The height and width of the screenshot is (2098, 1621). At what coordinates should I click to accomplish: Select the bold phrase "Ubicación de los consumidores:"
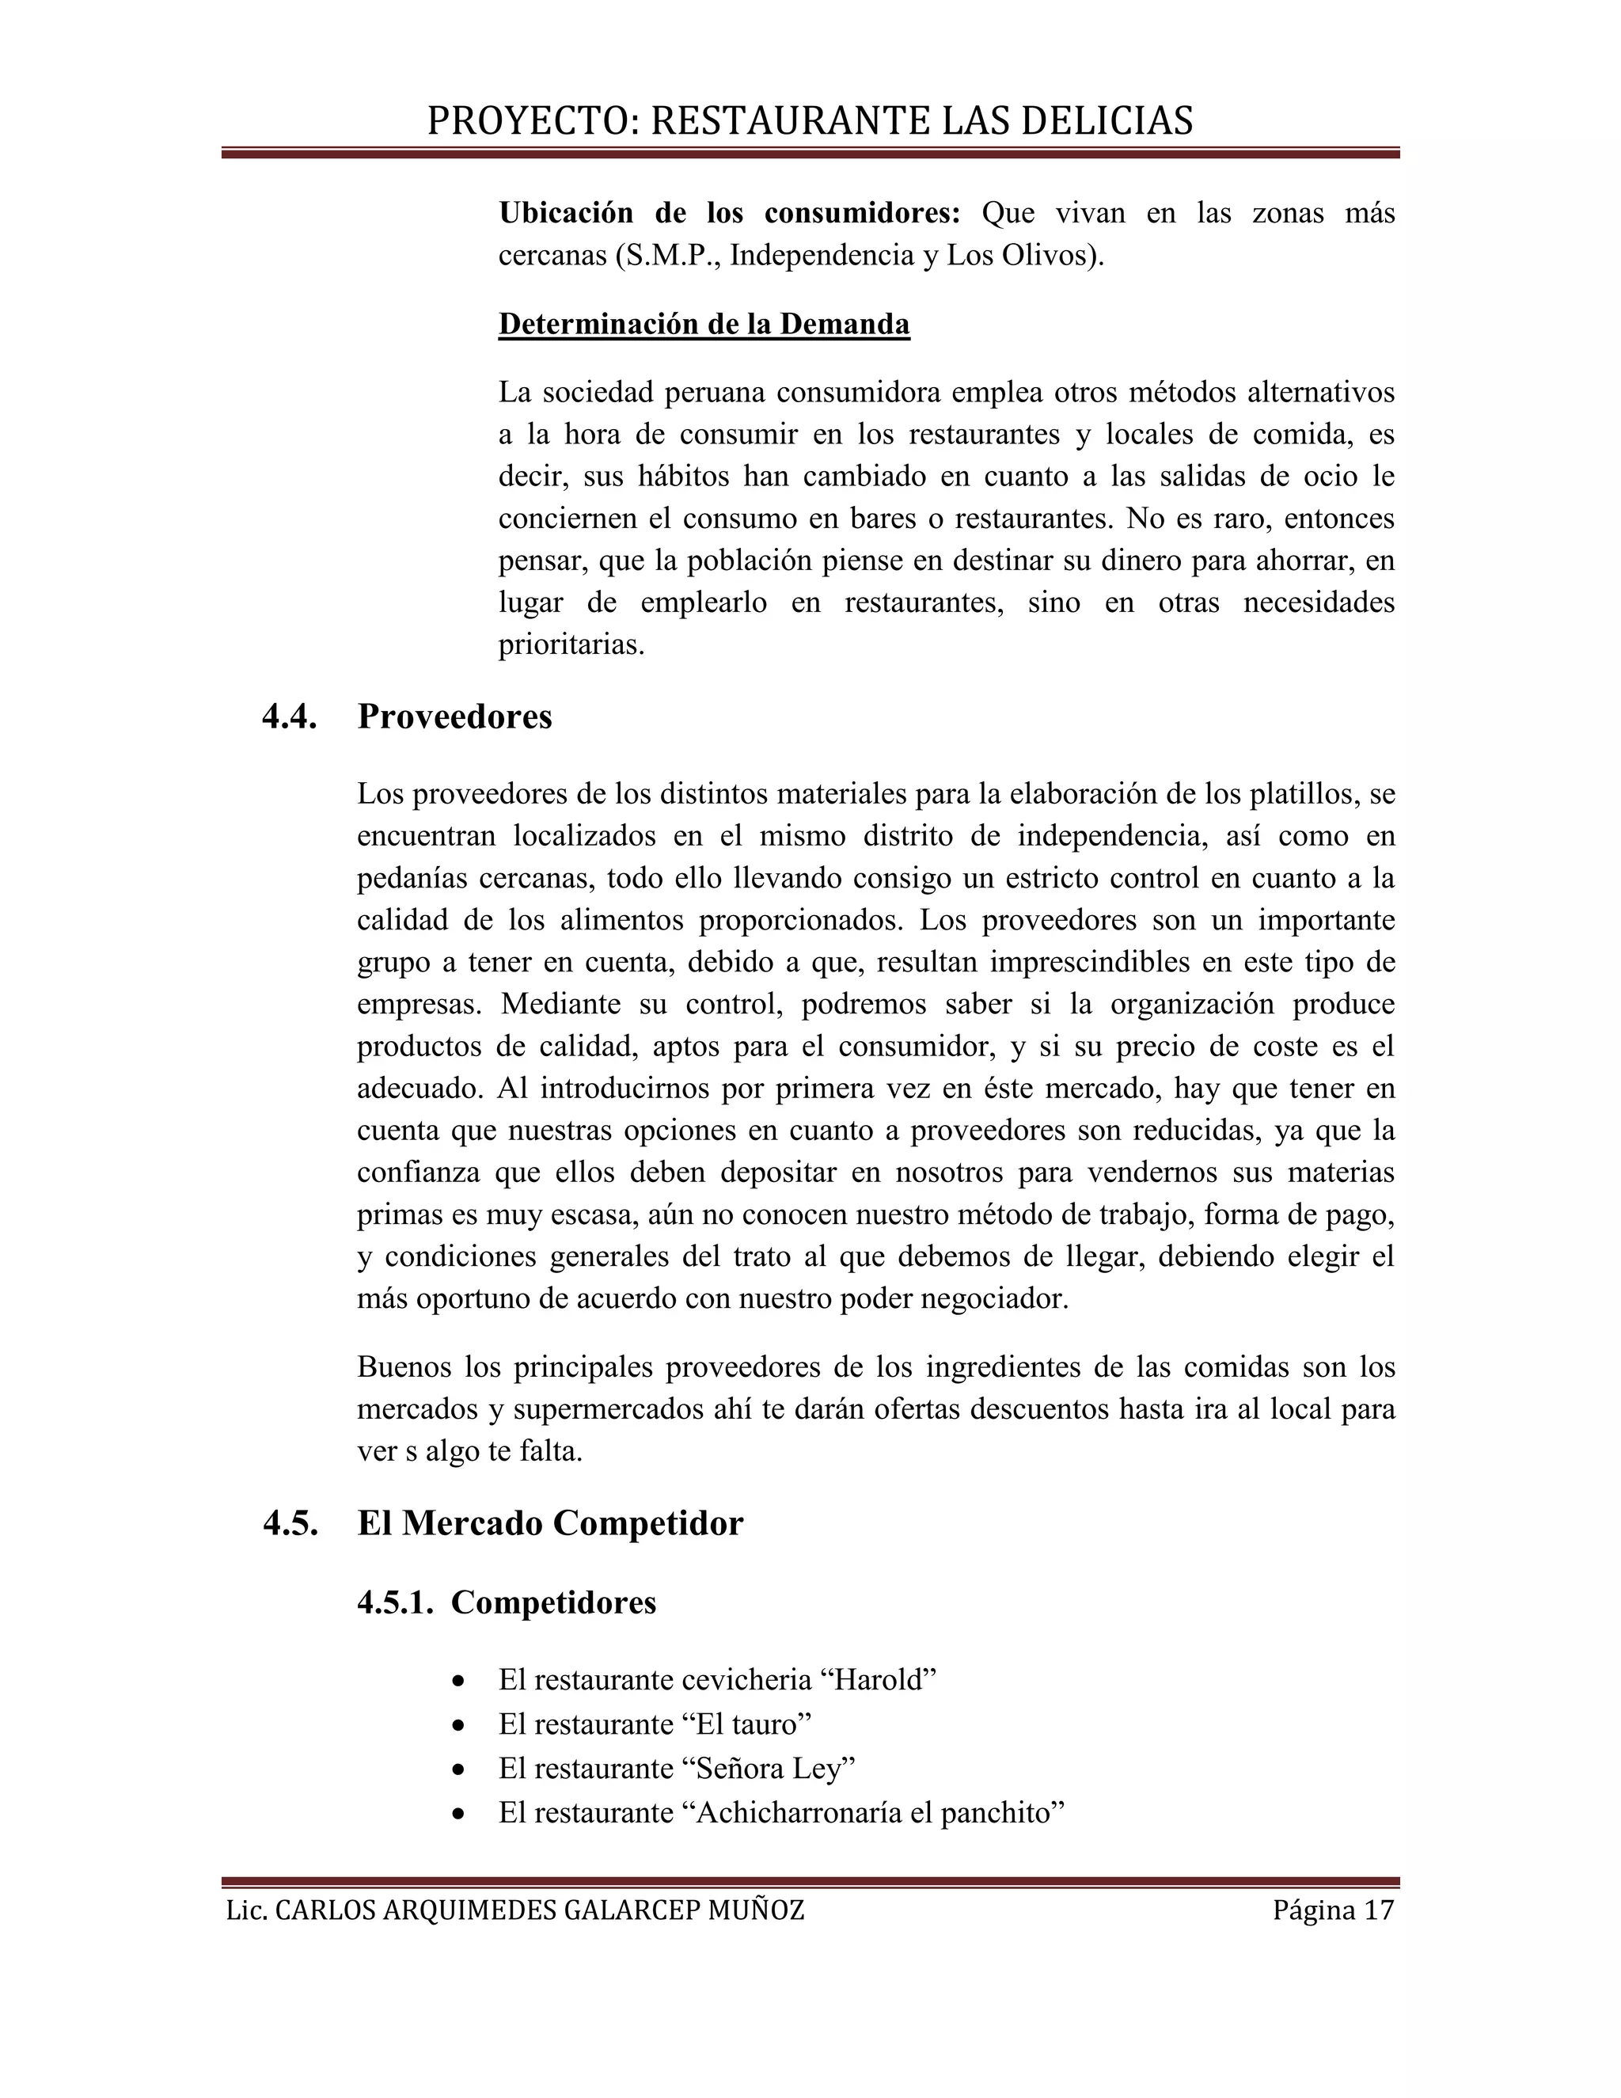[729, 212]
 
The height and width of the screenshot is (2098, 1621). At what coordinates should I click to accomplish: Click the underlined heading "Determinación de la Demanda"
[704, 324]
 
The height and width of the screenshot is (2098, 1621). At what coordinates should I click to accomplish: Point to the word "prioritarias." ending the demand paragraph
[571, 644]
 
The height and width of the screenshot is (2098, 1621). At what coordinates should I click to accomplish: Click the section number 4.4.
[289, 716]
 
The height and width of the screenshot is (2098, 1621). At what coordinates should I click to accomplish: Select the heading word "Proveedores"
[454, 716]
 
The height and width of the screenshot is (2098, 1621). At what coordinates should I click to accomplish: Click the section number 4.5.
[290, 1523]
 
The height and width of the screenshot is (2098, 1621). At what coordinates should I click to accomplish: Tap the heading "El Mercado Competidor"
[550, 1523]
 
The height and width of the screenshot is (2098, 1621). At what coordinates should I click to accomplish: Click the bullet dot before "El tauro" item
[460, 1726]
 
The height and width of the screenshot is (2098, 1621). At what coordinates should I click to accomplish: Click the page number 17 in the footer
[1378, 1910]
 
